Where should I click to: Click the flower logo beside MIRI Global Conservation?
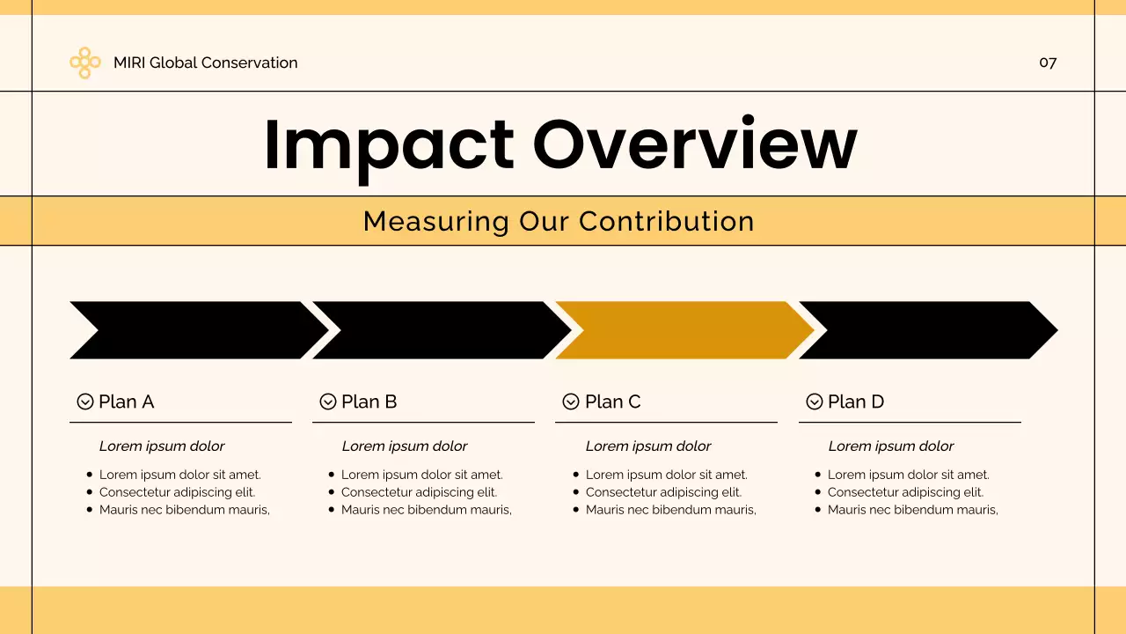point(84,63)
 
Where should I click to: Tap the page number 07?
point(1048,63)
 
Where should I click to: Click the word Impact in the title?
point(388,144)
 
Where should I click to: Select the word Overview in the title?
point(694,144)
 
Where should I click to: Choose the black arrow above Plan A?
point(198,330)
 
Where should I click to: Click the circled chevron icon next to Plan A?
point(85,402)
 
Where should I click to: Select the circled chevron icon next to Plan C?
point(571,402)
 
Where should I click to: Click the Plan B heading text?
point(369,402)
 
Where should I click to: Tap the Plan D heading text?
point(855,402)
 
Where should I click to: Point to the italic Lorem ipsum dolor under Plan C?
point(648,446)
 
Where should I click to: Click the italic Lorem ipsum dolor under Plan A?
point(162,446)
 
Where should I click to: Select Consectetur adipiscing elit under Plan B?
point(419,492)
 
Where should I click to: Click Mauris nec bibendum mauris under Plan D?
point(912,510)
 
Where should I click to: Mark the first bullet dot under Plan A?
point(90,475)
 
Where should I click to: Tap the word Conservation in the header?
point(250,63)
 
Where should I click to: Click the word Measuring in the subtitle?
point(435,221)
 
